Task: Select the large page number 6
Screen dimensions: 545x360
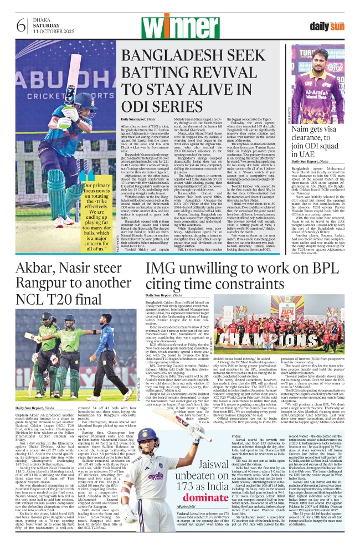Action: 22,26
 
